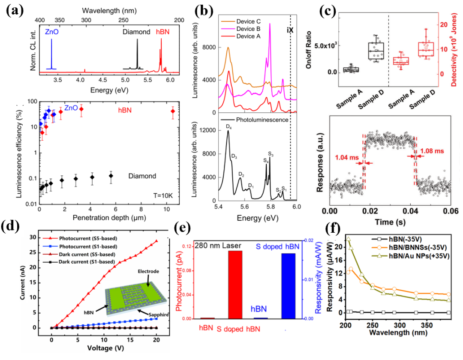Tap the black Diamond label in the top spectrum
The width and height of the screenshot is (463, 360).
pos(136,32)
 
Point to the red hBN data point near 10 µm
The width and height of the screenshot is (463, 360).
pos(173,111)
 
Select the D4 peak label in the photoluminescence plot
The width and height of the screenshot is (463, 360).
pos(229,126)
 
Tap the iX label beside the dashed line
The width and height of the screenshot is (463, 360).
pos(290,30)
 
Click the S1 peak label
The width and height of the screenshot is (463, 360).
pos(284,189)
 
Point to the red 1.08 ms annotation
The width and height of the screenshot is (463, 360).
pos(433,151)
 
